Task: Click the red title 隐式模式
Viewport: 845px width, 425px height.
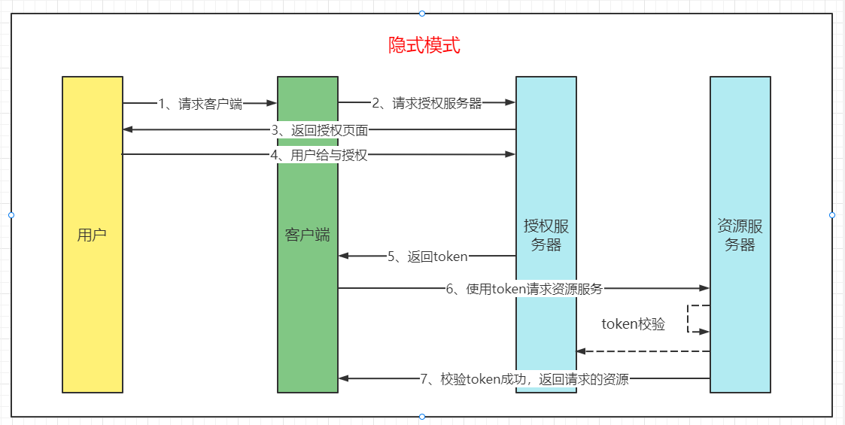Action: [424, 45]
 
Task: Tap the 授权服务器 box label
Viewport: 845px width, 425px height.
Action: [546, 235]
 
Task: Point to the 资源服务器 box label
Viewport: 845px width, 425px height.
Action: [740, 235]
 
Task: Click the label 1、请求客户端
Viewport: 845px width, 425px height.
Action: [200, 104]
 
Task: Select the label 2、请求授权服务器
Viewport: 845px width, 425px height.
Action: [427, 104]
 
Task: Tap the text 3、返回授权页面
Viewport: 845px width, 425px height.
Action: [320, 130]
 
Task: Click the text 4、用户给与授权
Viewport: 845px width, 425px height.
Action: [319, 156]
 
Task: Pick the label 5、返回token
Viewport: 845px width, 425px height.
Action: [427, 257]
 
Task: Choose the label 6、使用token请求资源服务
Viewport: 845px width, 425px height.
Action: [524, 288]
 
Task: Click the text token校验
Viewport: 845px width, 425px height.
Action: [634, 324]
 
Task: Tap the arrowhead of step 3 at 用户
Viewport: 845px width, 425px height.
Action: [128, 130]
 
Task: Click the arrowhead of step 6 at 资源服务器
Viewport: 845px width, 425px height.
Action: [704, 288]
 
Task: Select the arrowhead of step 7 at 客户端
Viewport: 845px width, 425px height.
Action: [344, 378]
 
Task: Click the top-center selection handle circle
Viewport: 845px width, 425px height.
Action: [422, 13]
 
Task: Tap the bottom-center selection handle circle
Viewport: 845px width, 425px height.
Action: [422, 417]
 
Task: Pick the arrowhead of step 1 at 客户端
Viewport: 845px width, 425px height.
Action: [272, 103]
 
